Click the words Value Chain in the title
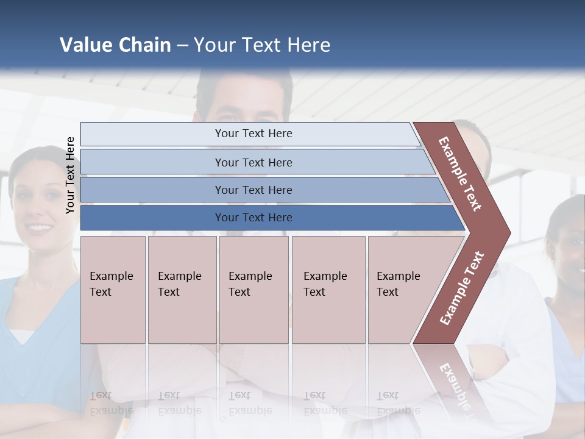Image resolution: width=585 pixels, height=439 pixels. (115, 45)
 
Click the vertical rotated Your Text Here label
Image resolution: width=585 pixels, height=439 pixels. (70, 175)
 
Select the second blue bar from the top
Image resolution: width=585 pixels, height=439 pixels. (253, 162)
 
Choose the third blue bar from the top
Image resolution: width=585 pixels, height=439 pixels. (253, 190)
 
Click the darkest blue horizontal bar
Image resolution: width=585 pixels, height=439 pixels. (253, 218)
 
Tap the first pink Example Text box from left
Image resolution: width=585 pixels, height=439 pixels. (113, 290)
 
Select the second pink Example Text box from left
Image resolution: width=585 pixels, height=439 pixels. (182, 290)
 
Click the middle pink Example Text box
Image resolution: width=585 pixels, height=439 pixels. (253, 290)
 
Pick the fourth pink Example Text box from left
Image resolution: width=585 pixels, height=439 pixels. (328, 290)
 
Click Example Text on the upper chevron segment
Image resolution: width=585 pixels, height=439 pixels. (461, 174)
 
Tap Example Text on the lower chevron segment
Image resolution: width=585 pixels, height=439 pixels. (462, 288)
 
